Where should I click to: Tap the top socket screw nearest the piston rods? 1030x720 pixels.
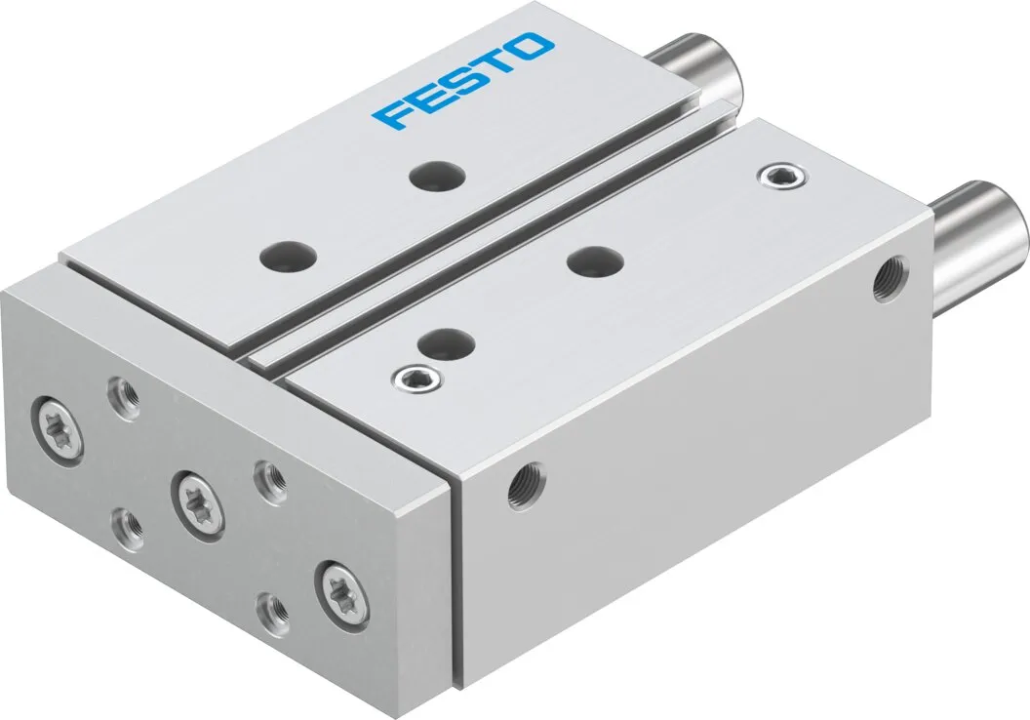773,175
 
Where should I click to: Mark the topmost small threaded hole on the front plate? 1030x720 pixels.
124,395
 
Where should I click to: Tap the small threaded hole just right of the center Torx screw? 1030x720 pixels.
268,479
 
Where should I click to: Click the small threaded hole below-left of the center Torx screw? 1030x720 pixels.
129,527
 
